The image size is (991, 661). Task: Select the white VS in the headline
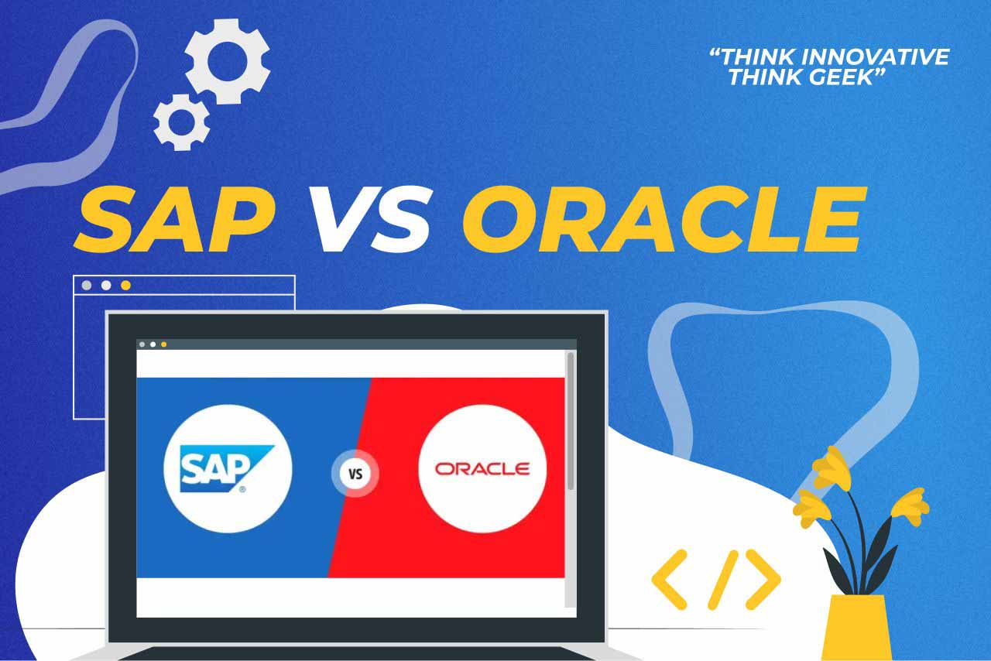click(x=369, y=220)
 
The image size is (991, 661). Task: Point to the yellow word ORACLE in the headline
click(x=664, y=220)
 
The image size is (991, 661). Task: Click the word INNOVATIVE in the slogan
click(x=875, y=57)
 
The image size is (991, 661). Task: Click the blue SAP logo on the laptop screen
click(x=227, y=469)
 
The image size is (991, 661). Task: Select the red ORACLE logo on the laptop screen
click(x=482, y=469)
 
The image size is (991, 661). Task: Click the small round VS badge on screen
click(x=355, y=474)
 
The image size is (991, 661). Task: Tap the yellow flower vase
click(x=857, y=628)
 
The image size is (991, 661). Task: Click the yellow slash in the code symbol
click(x=723, y=580)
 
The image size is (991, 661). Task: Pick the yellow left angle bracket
click(x=670, y=580)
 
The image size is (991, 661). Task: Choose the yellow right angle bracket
click(x=763, y=580)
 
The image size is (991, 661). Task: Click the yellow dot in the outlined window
click(x=125, y=286)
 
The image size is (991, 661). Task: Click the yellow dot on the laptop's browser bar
click(x=163, y=344)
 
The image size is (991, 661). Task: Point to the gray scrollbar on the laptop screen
click(x=571, y=421)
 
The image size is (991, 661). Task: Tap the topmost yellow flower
click(x=832, y=468)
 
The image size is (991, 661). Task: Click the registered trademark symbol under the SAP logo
click(x=242, y=489)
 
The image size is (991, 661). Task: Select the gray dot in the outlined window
click(x=87, y=286)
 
